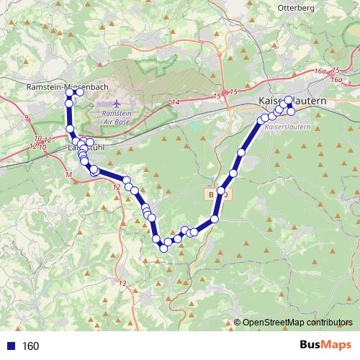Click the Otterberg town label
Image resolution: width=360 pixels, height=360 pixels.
pyautogui.click(x=296, y=7)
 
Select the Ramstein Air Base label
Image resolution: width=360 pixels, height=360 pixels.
pyautogui.click(x=114, y=118)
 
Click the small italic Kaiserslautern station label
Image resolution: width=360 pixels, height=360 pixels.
pyautogui.click(x=286, y=126)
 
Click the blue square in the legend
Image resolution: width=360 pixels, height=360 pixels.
pyautogui.click(x=12, y=346)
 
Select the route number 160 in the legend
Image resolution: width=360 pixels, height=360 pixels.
pyautogui.click(x=30, y=346)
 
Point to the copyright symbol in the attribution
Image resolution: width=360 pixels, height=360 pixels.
pyautogui.click(x=237, y=323)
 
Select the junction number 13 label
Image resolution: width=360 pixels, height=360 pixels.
pyautogui.click(x=122, y=282)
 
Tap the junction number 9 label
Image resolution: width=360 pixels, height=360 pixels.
pyautogui.click(x=26, y=117)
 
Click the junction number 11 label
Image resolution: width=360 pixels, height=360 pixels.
pyautogui.click(x=68, y=175)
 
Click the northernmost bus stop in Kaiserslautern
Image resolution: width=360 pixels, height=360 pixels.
pyautogui.click(x=289, y=100)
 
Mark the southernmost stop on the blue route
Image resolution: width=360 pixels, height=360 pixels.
pyautogui.click(x=163, y=248)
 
